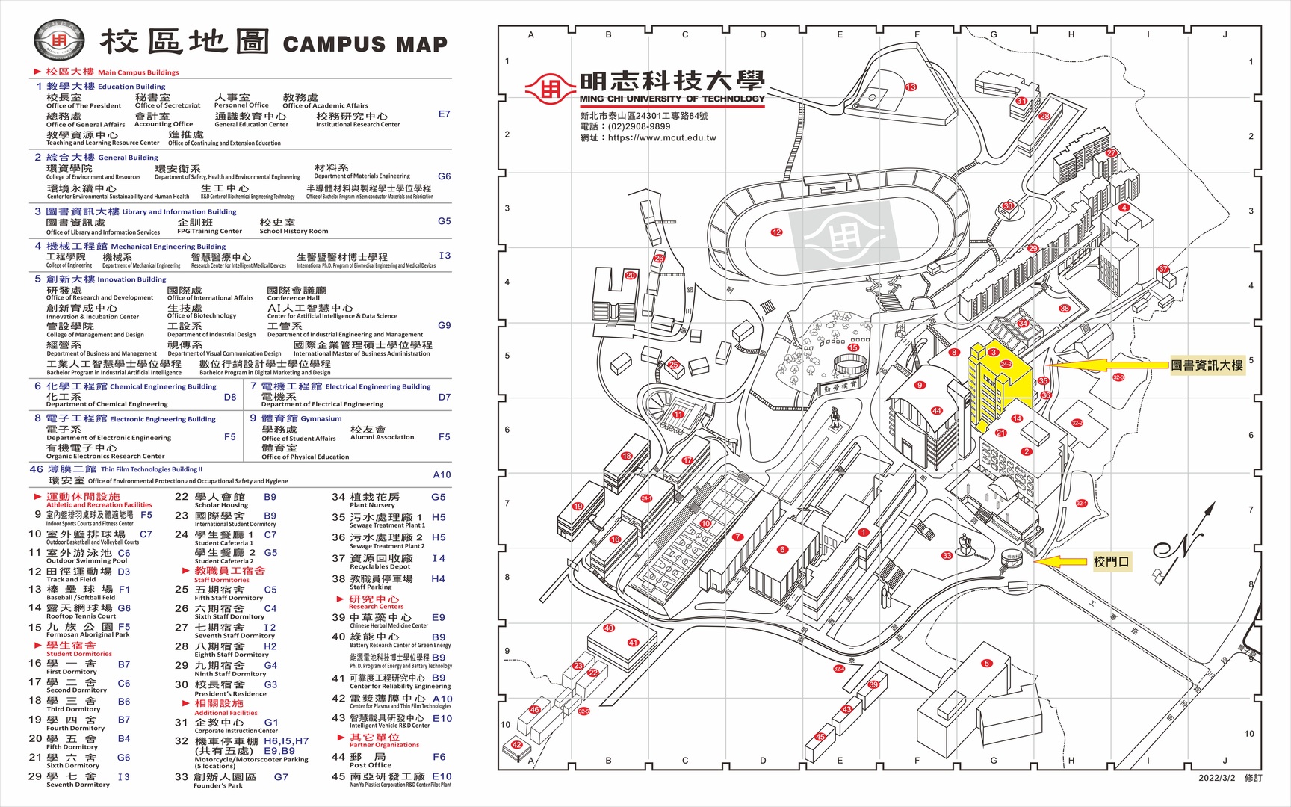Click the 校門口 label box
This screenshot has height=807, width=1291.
(x=1111, y=562)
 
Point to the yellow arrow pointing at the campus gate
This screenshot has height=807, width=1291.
(x=1059, y=562)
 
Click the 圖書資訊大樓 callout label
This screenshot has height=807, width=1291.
(x=1207, y=365)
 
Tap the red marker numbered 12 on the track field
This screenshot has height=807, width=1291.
(x=776, y=232)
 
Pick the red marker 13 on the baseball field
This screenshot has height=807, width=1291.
(x=911, y=87)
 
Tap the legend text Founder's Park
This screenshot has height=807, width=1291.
(x=218, y=785)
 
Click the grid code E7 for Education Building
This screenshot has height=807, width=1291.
(x=445, y=114)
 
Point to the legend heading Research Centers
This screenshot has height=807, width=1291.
(x=376, y=606)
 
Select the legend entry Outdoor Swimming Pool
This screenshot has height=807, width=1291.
(x=87, y=560)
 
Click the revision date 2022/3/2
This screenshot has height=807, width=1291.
(x=1218, y=778)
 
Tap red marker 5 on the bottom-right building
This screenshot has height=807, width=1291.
(x=987, y=663)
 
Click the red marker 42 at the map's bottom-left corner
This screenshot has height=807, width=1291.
(x=517, y=745)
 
